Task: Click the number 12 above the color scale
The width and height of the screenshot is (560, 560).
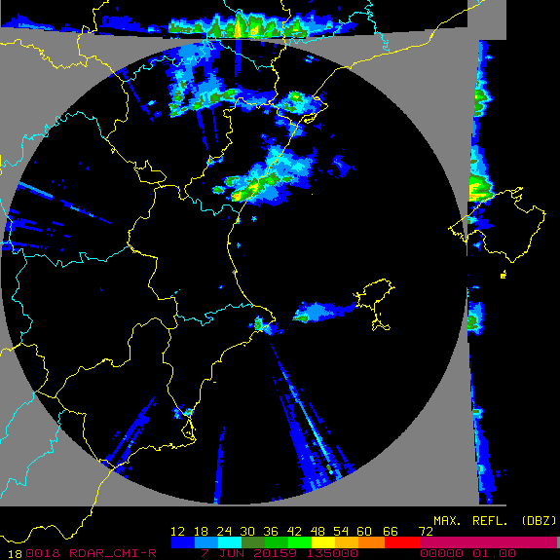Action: click(x=178, y=531)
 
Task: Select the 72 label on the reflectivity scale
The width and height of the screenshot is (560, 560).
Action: click(x=426, y=531)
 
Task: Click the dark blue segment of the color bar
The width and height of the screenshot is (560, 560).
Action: click(x=181, y=542)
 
